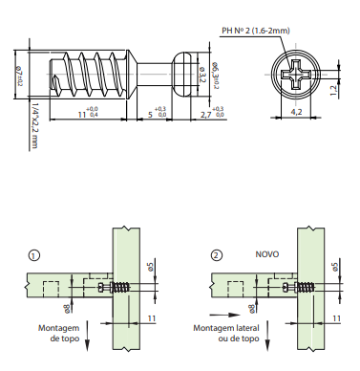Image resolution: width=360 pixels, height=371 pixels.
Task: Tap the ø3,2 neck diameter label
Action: [202, 73]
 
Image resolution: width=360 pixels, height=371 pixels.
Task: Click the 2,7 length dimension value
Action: [205, 115]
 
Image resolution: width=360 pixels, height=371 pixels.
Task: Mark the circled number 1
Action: [35, 255]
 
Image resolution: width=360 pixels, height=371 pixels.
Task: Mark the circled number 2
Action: [217, 255]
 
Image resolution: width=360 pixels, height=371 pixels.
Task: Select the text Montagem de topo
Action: [57, 331]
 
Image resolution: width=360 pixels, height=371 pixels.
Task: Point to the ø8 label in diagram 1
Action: [66, 307]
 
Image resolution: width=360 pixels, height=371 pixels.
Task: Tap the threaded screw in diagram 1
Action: [121, 286]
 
